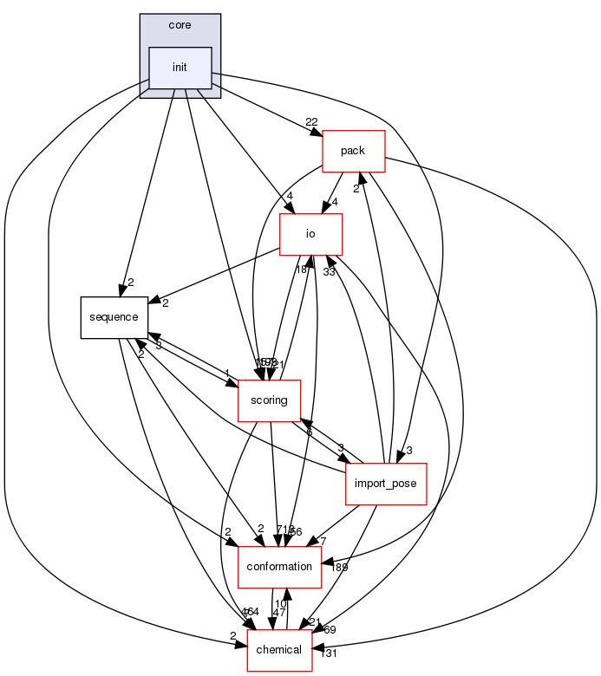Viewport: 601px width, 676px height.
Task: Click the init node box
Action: coord(180,68)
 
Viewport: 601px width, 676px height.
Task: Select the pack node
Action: coord(353,151)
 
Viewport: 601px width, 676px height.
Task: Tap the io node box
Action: coord(310,234)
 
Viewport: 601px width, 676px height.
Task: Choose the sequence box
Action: coord(114,317)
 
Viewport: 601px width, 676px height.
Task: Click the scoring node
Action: coord(270,400)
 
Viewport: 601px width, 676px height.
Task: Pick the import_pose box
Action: coord(386,484)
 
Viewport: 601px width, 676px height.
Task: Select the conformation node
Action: coord(279,567)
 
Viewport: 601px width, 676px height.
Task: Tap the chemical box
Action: coord(279,650)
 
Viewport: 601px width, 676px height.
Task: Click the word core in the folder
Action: coord(180,25)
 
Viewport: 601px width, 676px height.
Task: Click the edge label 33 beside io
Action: coord(330,272)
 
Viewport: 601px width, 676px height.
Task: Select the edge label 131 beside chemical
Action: coord(328,653)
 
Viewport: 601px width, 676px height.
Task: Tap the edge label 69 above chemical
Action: coord(330,629)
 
